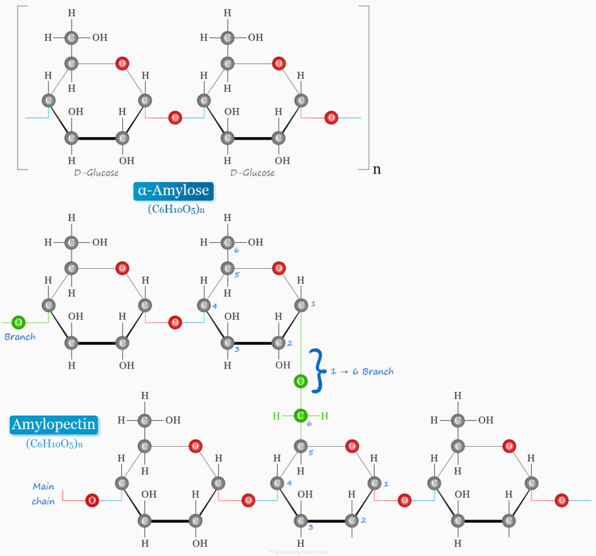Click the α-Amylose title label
(x=174, y=191)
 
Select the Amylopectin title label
(x=54, y=424)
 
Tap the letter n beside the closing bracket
(x=377, y=169)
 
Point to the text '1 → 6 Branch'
(x=366, y=371)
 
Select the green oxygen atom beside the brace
(x=301, y=381)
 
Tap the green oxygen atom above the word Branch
(x=19, y=322)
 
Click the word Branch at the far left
(x=20, y=337)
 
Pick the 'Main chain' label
(x=44, y=494)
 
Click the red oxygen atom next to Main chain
(x=92, y=500)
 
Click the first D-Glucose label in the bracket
(x=97, y=173)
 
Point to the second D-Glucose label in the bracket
(x=252, y=173)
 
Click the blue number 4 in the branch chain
(x=215, y=305)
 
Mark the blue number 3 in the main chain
(x=310, y=527)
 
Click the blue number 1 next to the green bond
(x=313, y=304)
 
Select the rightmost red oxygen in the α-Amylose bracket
(x=331, y=118)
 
